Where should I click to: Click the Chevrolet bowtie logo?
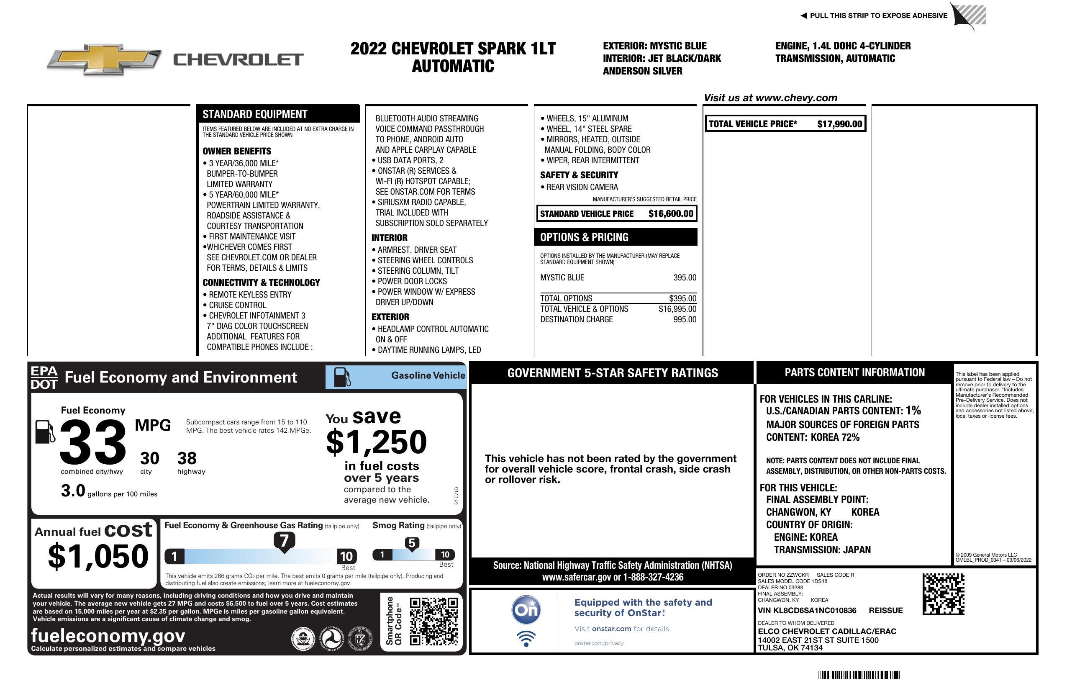pos(104,59)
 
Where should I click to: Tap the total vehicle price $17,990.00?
pos(839,124)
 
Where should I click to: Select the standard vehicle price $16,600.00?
pos(671,213)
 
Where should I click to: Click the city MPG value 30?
pos(149,458)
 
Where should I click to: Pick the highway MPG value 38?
pos(187,458)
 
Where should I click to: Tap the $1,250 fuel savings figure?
pos(377,442)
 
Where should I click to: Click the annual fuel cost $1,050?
pos(98,556)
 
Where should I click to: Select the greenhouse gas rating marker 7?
pos(284,541)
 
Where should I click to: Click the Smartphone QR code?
pos(433,621)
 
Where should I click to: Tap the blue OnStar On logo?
pos(526,610)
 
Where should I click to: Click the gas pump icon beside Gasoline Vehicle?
pos(341,377)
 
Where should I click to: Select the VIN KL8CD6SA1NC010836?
pos(807,610)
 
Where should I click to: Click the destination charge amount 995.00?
pos(685,319)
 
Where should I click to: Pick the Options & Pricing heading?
pos(584,237)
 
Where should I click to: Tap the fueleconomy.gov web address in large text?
pos(108,635)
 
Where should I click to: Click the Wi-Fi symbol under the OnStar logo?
pos(526,639)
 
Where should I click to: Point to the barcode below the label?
pos(858,675)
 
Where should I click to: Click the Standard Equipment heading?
pos(255,114)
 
